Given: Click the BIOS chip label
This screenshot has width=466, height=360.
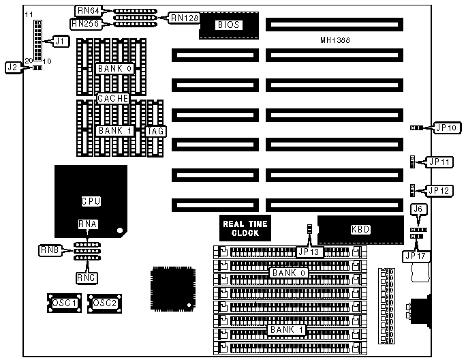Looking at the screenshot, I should point(225,25).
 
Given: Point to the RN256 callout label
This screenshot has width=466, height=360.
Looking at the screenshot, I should point(86,24).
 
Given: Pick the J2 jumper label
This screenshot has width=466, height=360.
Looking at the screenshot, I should point(12,67).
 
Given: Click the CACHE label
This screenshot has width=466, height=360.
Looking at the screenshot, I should point(113,99).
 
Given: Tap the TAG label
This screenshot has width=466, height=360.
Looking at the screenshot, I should point(156,130).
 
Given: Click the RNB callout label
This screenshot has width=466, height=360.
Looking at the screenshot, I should point(49,250).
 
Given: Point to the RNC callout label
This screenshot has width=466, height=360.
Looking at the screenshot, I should point(87,277).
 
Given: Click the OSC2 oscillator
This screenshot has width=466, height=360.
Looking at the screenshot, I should point(104,303).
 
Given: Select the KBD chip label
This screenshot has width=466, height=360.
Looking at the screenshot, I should point(360,229).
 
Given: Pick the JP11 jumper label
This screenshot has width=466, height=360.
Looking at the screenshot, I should point(438,162).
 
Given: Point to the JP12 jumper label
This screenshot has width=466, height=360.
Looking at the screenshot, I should point(438,190).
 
